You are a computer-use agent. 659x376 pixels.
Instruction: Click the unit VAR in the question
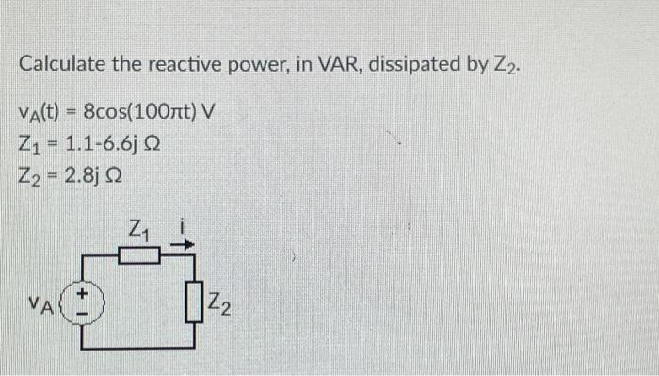tap(328, 65)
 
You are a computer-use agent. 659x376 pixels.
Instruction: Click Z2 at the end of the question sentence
tap(503, 66)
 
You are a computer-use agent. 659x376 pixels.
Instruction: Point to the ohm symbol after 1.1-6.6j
tap(153, 146)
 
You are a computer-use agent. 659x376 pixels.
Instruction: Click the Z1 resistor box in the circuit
tap(141, 254)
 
